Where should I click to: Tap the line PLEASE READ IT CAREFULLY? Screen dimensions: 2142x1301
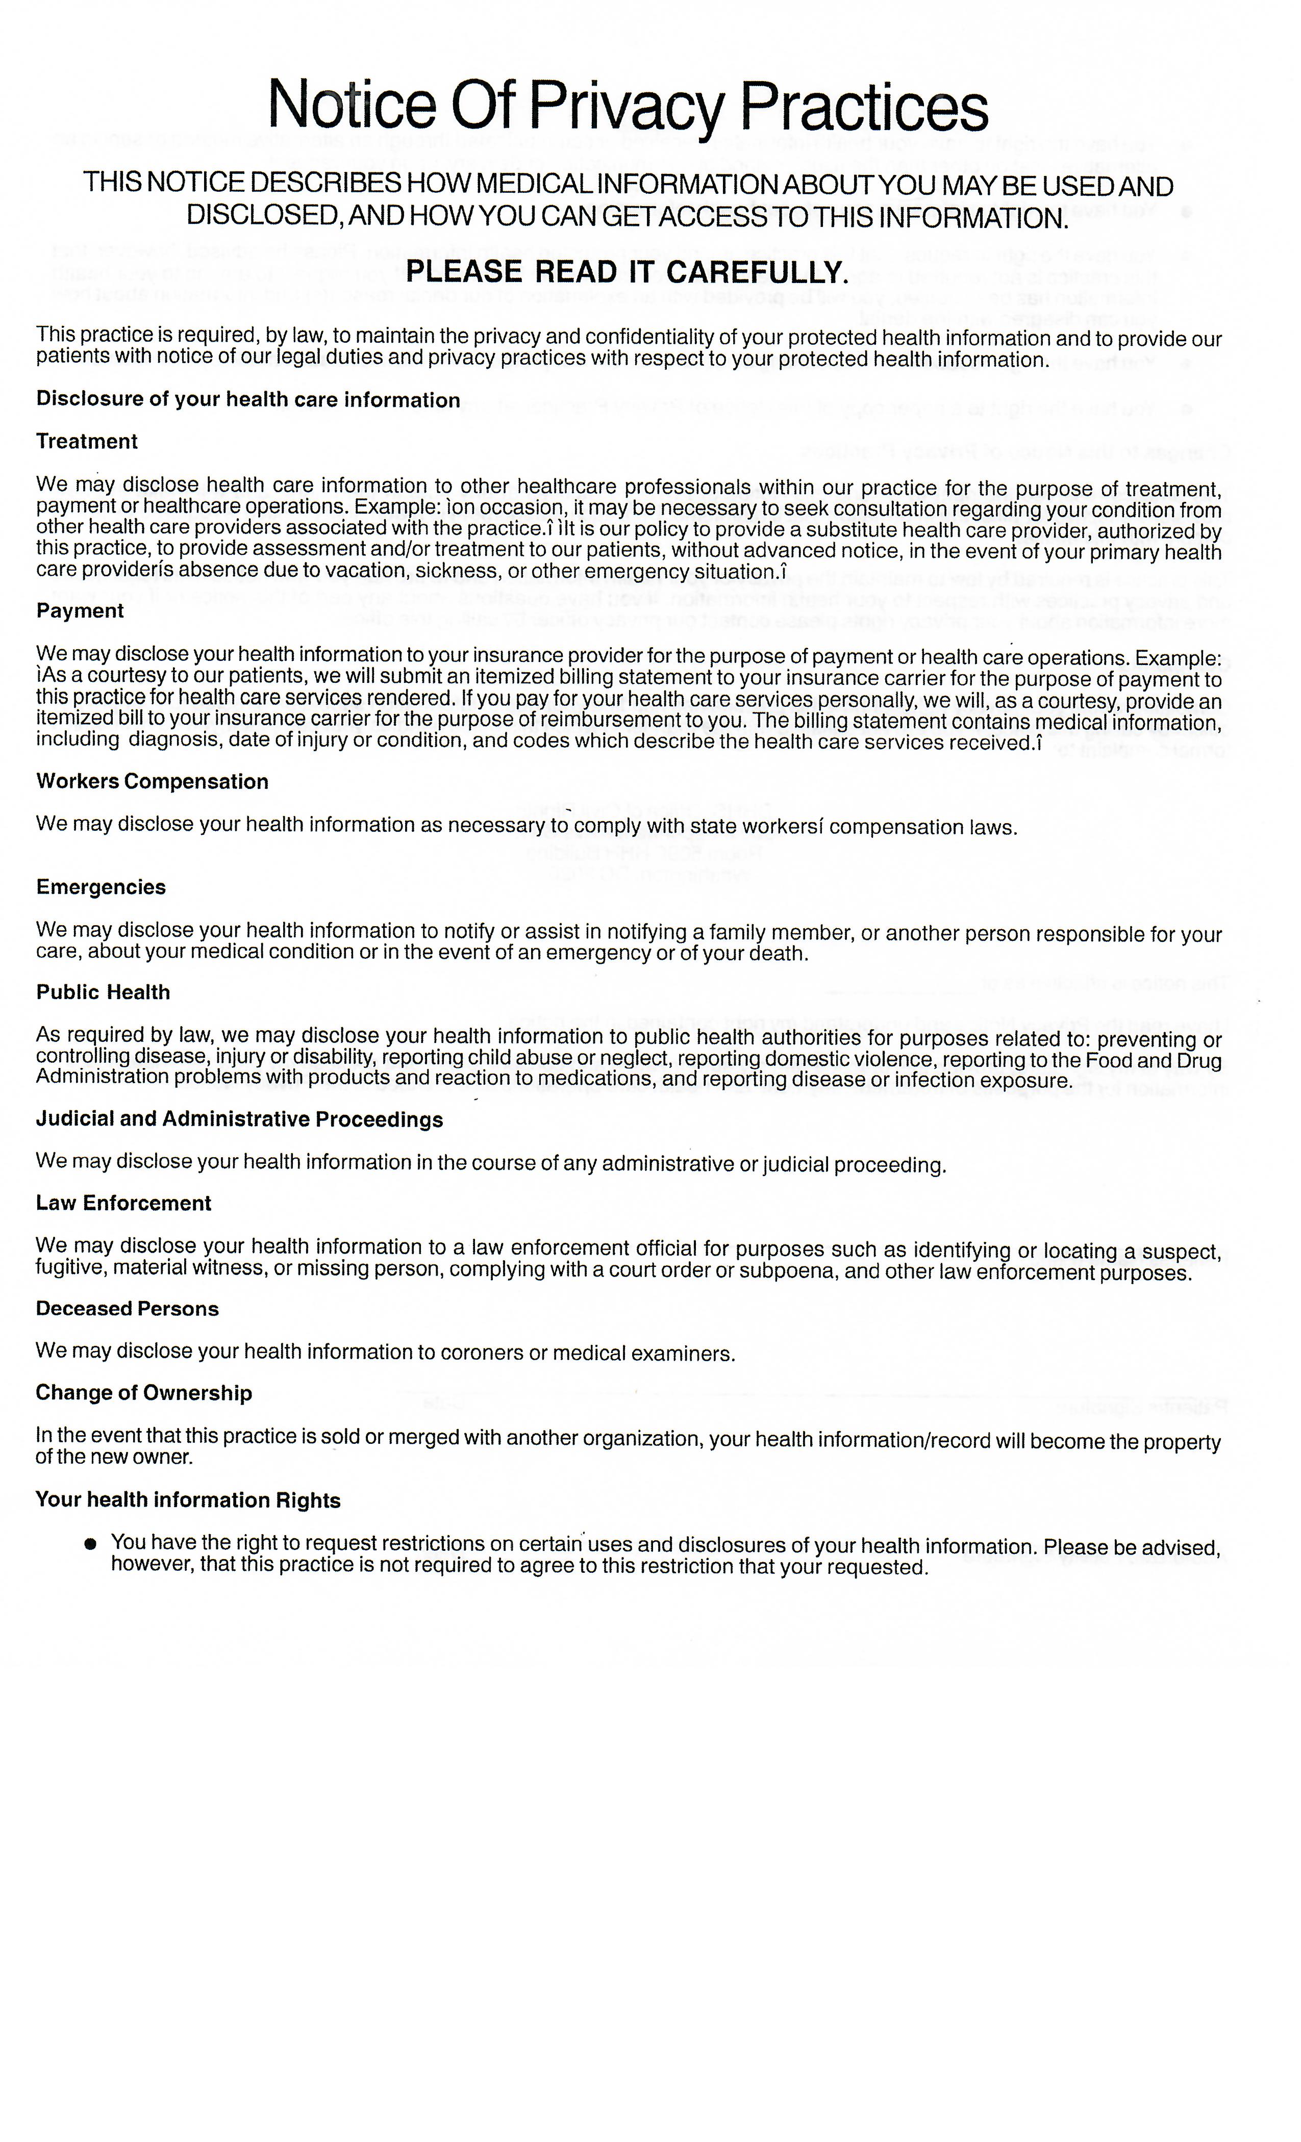pos(626,272)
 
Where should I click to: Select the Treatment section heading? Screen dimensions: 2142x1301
pos(87,442)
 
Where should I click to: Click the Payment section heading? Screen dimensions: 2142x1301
pos(80,611)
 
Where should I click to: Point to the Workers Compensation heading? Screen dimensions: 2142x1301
pos(152,781)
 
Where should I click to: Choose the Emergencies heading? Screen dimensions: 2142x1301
pos(101,887)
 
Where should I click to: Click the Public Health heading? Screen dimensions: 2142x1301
pos(103,993)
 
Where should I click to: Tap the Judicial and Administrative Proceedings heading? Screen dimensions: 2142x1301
pos(239,1119)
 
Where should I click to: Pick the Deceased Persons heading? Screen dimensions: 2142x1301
pos(127,1309)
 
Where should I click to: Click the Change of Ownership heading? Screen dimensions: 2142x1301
pos(143,1393)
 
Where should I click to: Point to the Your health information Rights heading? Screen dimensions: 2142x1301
pos(188,1500)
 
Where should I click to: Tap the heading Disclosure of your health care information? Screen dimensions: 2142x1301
pos(248,400)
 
